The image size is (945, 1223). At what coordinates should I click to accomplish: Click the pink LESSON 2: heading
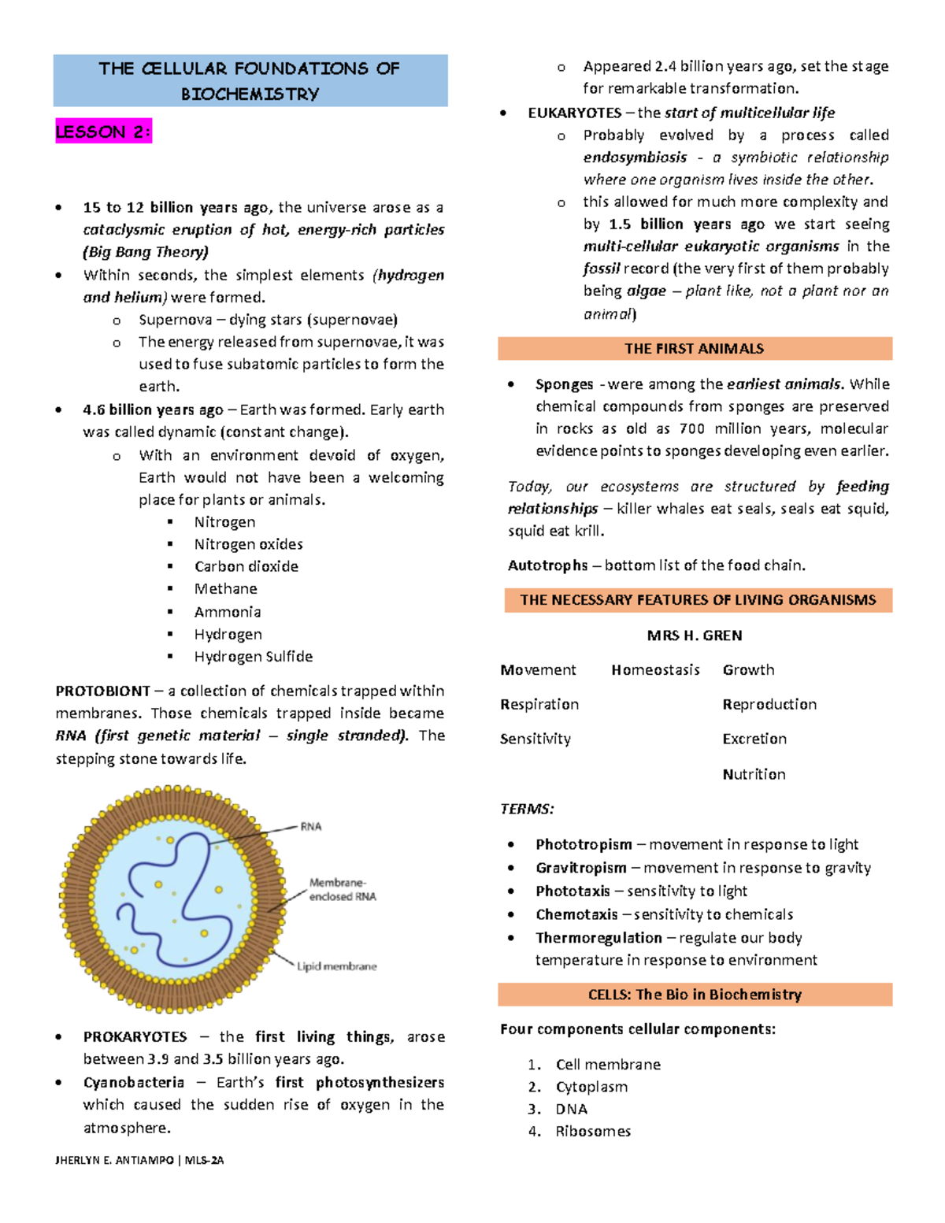pyautogui.click(x=103, y=132)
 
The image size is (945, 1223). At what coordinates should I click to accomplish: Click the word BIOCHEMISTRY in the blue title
pyautogui.click(x=250, y=95)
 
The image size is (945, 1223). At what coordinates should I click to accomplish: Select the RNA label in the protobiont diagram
pyautogui.click(x=311, y=826)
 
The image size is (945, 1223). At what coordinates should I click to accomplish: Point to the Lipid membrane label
pyautogui.click(x=337, y=966)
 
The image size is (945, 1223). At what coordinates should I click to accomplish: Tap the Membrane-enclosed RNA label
pyautogui.click(x=343, y=890)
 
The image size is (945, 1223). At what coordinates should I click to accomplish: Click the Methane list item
pyautogui.click(x=226, y=589)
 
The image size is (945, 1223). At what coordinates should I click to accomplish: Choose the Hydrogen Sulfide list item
pyautogui.click(x=254, y=657)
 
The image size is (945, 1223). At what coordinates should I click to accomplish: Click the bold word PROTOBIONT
pyautogui.click(x=102, y=691)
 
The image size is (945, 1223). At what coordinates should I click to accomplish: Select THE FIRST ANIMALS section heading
pyautogui.click(x=694, y=349)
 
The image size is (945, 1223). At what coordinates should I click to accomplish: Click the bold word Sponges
pyautogui.click(x=564, y=384)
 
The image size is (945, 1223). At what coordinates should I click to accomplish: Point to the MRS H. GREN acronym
pyautogui.click(x=695, y=636)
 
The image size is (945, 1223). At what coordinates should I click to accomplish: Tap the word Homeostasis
pyautogui.click(x=655, y=670)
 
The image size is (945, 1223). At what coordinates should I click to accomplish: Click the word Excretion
pyautogui.click(x=754, y=739)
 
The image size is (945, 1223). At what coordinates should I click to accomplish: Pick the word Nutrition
pyautogui.click(x=754, y=774)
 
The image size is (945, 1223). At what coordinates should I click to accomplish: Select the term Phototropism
pyautogui.click(x=584, y=845)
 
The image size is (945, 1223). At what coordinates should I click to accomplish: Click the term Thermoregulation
pyautogui.click(x=598, y=938)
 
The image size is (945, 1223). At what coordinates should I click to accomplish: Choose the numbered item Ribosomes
pyautogui.click(x=593, y=1132)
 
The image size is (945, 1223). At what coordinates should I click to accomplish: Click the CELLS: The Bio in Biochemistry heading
pyautogui.click(x=695, y=995)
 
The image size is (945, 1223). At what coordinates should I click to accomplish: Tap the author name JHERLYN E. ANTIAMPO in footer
pyautogui.click(x=115, y=1160)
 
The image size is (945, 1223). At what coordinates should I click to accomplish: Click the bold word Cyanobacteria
pyautogui.click(x=134, y=1083)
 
